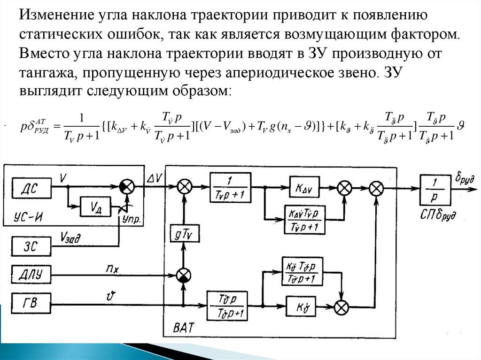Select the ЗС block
(x=31, y=245)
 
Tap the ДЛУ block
(x=31, y=274)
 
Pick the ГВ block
(x=31, y=305)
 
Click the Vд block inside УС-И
(x=95, y=207)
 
